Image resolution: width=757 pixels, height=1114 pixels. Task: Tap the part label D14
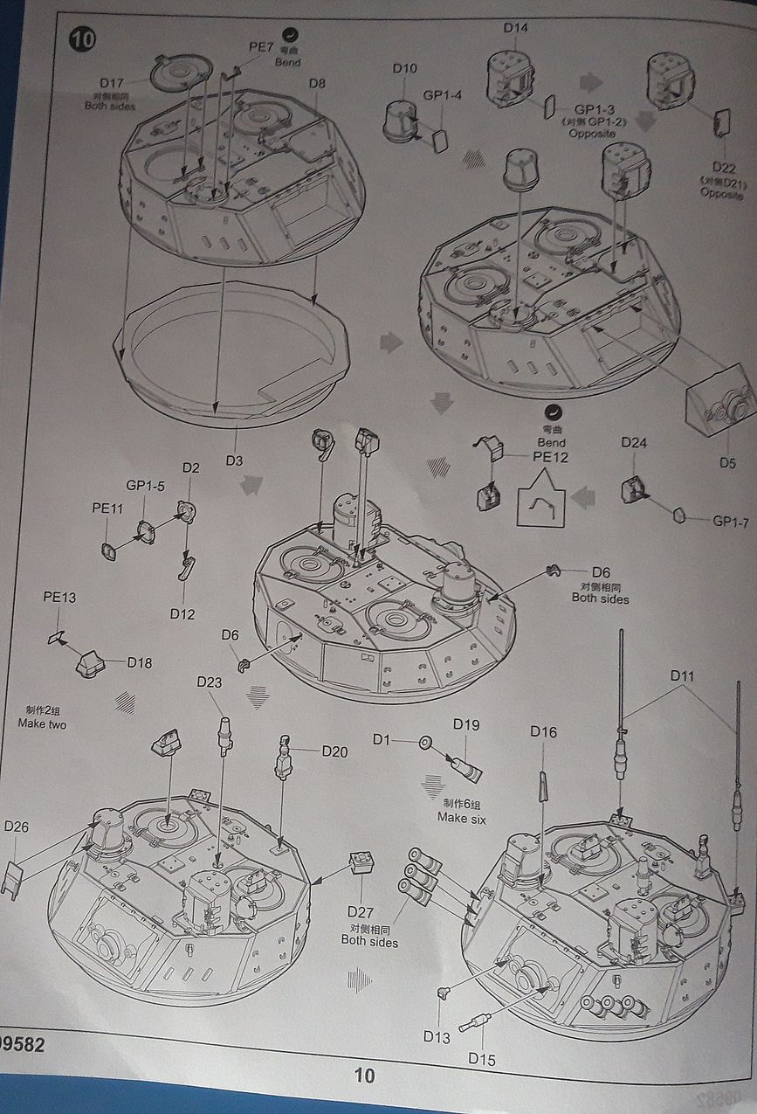click(x=515, y=27)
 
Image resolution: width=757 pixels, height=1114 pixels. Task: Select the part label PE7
click(x=261, y=46)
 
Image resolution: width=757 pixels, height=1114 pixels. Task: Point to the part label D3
click(x=234, y=460)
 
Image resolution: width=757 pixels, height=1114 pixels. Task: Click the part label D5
click(x=727, y=462)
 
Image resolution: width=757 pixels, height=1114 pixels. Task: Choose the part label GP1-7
click(x=731, y=521)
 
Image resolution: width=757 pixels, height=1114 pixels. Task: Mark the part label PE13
click(x=59, y=598)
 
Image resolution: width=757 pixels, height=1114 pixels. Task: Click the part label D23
click(x=210, y=682)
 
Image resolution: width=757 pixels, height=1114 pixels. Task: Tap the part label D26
click(x=17, y=827)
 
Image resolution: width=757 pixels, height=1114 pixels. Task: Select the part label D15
click(x=481, y=1059)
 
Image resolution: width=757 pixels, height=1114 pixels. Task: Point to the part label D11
click(x=683, y=675)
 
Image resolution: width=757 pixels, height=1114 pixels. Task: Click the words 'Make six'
click(x=462, y=819)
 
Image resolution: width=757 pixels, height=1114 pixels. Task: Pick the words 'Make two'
click(x=42, y=724)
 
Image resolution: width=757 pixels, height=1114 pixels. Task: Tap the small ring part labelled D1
click(x=426, y=743)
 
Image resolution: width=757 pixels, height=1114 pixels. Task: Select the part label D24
click(x=634, y=442)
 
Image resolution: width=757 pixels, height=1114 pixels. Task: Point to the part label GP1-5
click(x=145, y=486)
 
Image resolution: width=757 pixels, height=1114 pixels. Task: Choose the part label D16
click(x=543, y=732)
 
